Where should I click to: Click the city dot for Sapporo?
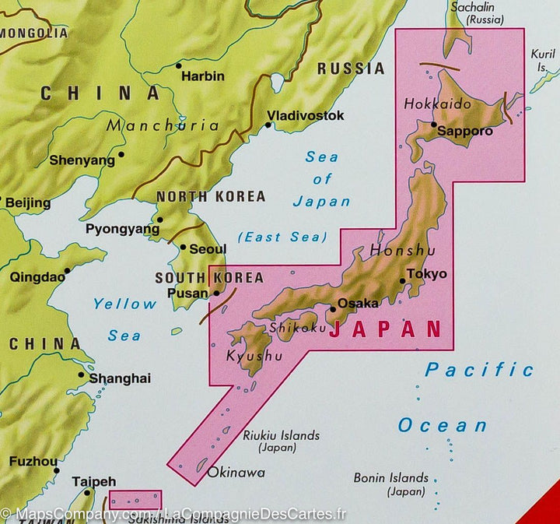click(433, 124)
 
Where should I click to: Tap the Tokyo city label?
click(427, 274)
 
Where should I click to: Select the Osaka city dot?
click(333, 308)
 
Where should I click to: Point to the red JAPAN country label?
click(385, 329)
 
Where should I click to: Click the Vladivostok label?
click(305, 115)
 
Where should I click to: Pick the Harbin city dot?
click(179, 65)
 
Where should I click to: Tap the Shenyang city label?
click(82, 160)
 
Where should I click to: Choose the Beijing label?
click(27, 203)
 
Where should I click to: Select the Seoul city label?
click(208, 249)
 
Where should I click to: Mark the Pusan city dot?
click(216, 294)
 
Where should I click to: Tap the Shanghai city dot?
click(81, 374)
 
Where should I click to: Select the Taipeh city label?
click(93, 482)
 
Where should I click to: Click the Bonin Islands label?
click(390, 478)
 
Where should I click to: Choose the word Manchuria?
click(163, 125)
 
